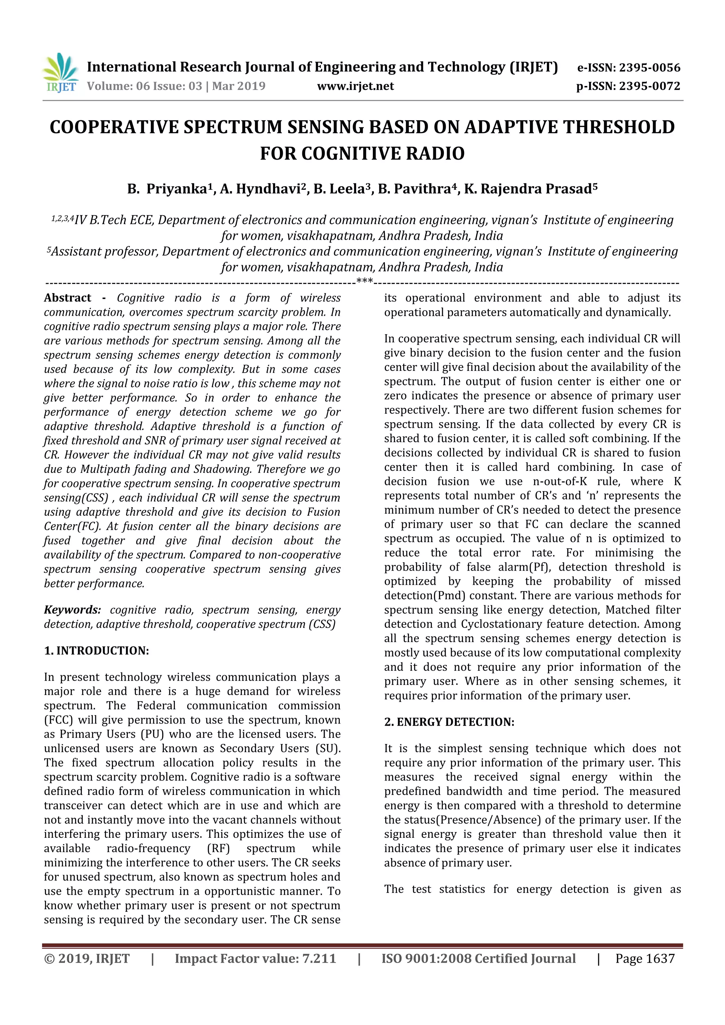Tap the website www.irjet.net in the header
(355, 86)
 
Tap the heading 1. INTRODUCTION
(96, 651)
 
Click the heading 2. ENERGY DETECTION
(449, 722)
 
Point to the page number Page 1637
(645, 958)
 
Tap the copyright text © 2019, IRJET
(87, 958)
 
